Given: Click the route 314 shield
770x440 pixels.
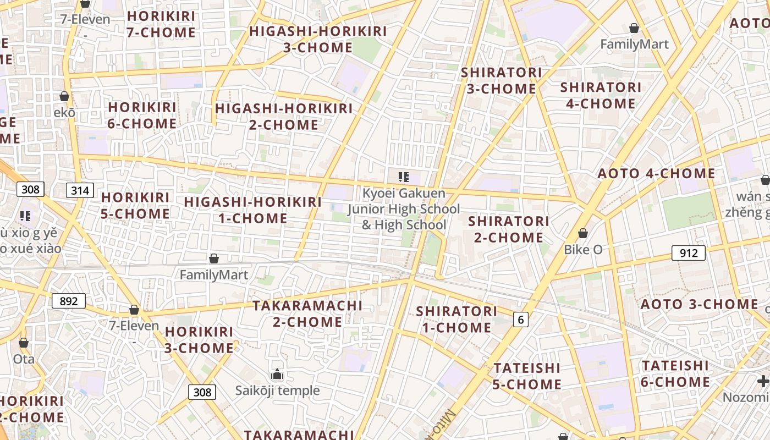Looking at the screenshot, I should point(80,191).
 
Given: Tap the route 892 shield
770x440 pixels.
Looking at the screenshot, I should point(69,301).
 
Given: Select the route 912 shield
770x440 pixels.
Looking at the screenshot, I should point(688,253).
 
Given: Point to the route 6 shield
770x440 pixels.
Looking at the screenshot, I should point(520,319).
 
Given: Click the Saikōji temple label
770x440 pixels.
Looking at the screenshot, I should point(277,391).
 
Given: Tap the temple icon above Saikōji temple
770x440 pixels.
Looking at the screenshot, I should point(277,375).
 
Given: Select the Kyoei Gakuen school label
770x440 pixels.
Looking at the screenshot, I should point(404,209).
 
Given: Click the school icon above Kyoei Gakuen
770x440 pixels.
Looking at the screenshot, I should point(404,177).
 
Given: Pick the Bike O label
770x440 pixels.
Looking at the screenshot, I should point(583,250).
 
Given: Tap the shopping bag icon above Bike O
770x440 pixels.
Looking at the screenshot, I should point(583,234).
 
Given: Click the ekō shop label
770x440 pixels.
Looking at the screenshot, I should point(64,112).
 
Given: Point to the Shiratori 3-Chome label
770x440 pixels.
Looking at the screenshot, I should point(501,80).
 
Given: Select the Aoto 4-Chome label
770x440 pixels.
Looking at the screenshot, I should point(656,174).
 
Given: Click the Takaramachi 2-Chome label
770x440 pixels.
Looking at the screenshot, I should point(307,313).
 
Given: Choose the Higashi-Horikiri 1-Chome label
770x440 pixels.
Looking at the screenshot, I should point(253,210).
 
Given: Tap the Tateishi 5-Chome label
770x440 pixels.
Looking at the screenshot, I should point(527,376).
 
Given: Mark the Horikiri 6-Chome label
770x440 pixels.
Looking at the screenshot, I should point(142,116).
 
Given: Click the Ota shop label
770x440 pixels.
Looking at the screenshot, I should point(24,359).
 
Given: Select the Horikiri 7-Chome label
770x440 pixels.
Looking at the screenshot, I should point(161,24).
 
